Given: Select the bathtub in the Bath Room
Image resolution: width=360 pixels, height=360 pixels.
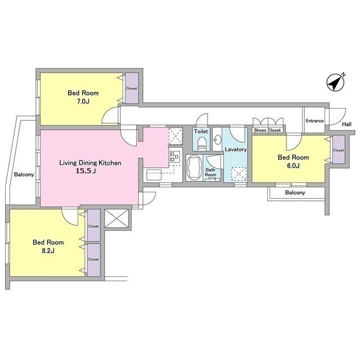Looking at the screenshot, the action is coord(194,168).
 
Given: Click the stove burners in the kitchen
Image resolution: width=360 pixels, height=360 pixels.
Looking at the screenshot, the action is coord(174,157).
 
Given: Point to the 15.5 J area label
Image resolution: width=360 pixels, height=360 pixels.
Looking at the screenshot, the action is coord(86,171).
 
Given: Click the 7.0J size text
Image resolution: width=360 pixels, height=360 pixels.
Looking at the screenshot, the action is coord(83,101).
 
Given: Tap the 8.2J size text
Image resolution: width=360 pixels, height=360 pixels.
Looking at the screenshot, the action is coord(48,250).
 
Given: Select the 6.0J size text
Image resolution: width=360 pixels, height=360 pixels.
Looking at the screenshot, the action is coord(293,165).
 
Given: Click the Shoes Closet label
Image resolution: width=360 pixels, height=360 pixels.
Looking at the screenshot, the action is coord(267,130).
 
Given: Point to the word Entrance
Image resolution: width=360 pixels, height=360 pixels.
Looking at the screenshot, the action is coord(314,121).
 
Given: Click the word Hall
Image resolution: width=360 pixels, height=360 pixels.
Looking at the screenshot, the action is coord(346,124).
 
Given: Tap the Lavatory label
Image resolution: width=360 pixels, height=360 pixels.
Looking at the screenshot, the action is coord(236,150).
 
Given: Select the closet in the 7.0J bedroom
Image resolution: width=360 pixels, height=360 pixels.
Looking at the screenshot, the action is coord(132,88).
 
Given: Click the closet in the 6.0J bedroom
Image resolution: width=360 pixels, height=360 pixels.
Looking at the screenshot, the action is coord(339,150).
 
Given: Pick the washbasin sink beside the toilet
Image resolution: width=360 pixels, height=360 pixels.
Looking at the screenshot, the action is coord(217,139).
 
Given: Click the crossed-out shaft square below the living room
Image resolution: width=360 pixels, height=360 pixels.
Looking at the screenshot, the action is coord(116,218).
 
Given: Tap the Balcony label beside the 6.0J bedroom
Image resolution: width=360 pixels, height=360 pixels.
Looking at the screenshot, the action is coord(295,192).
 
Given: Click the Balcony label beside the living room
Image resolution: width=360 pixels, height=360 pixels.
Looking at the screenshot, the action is coord(24,174).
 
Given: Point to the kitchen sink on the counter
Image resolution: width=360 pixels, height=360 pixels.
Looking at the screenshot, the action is coord(154,175).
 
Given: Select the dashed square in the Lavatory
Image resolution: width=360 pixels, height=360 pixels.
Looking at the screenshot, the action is coord(238,174).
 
